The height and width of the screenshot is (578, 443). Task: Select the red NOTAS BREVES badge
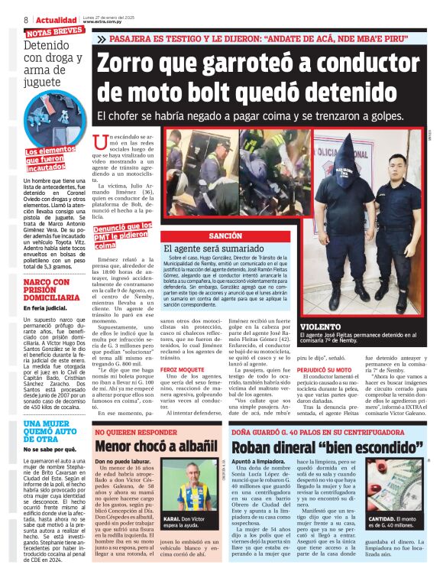54,32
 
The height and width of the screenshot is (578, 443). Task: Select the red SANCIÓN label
225,237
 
